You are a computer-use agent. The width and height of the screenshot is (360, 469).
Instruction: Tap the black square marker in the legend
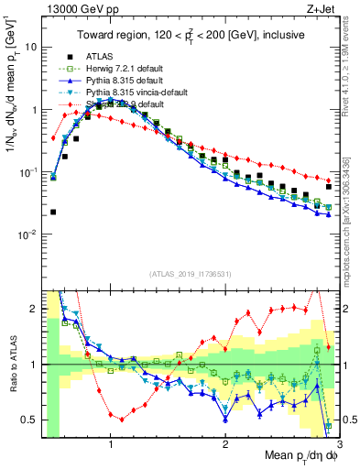click(x=64, y=55)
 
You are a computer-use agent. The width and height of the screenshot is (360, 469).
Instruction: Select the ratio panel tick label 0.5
click(x=30, y=420)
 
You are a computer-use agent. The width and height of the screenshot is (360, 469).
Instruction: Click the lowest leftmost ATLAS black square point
click(x=53, y=212)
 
